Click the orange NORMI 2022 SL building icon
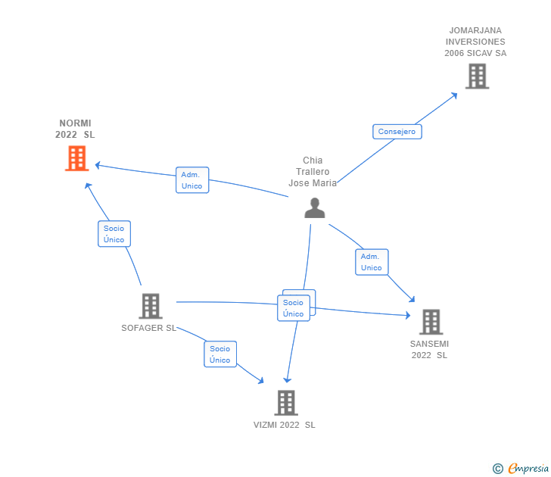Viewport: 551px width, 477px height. pyautogui.click(x=77, y=158)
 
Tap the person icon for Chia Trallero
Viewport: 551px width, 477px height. pyautogui.click(x=315, y=208)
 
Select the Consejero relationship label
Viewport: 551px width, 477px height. pyautogui.click(x=397, y=132)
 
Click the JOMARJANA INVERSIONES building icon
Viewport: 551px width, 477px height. pyautogui.click(x=477, y=76)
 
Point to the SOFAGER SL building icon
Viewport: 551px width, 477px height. pyautogui.click(x=151, y=306)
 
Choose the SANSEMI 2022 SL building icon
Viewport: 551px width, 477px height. pyautogui.click(x=431, y=322)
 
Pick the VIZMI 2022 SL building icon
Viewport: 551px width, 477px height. pyautogui.click(x=286, y=403)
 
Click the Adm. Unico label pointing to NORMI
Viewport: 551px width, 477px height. pyautogui.click(x=192, y=180)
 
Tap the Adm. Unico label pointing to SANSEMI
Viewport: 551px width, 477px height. pyautogui.click(x=372, y=262)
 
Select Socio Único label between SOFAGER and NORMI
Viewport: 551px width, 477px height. pyautogui.click(x=114, y=234)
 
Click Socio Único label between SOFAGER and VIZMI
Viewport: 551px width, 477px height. pyautogui.click(x=220, y=354)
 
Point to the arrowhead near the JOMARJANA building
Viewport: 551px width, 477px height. pyautogui.click(x=454, y=95)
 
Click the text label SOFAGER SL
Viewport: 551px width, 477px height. pyautogui.click(x=148, y=328)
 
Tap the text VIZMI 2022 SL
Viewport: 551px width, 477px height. pyautogui.click(x=285, y=425)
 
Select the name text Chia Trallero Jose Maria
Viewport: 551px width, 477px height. pyautogui.click(x=313, y=172)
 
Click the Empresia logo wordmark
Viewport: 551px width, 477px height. pyautogui.click(x=528, y=468)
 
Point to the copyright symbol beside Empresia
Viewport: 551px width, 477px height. pyautogui.click(x=498, y=469)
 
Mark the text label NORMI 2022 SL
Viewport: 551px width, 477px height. pyautogui.click(x=75, y=129)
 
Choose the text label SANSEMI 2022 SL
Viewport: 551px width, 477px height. pyautogui.click(x=429, y=349)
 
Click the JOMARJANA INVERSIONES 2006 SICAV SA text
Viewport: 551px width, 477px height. pyautogui.click(x=475, y=42)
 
